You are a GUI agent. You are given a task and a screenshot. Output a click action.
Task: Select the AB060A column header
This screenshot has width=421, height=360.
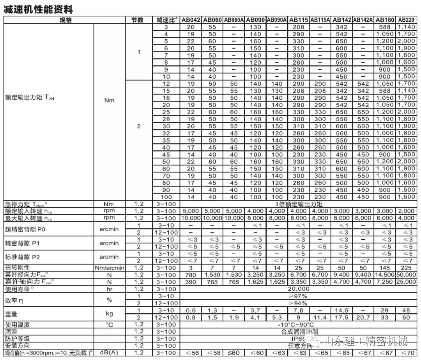point(234,20)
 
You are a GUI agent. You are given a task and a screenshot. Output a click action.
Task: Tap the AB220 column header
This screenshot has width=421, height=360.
point(406,20)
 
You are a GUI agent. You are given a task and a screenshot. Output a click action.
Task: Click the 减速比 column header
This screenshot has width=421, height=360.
point(166,20)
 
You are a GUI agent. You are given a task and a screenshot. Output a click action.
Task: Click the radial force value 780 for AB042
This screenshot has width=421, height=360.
point(191,275)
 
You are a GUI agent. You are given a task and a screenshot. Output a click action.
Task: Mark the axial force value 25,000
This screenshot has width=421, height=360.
point(406,282)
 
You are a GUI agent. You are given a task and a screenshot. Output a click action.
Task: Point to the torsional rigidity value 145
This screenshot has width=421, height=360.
point(385,268)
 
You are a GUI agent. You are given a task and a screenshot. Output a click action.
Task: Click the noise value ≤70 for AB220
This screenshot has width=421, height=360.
point(406,353)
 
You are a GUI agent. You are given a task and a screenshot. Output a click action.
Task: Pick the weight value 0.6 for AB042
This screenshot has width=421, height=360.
point(191,310)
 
